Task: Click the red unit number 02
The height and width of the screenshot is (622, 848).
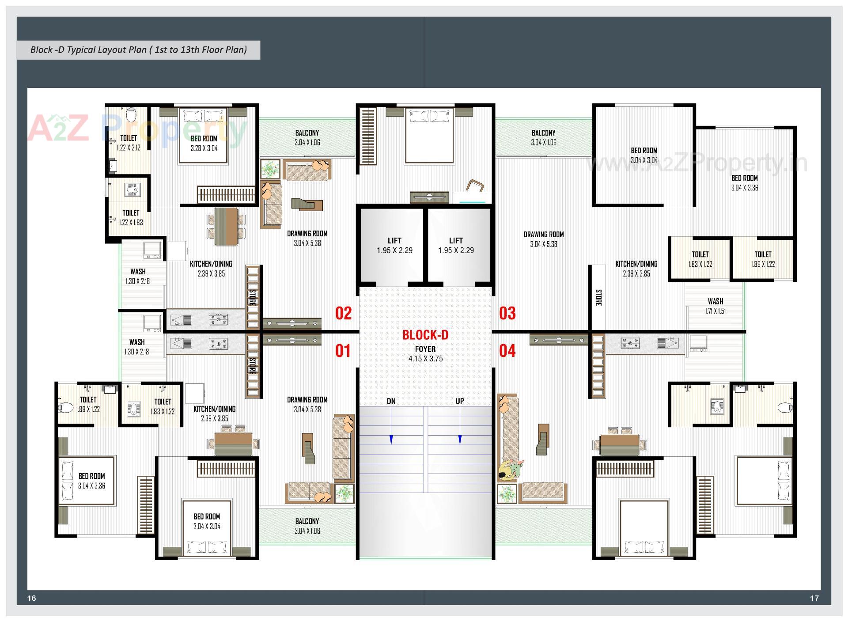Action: [x=343, y=313]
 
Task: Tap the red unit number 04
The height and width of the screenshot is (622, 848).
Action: [x=507, y=351]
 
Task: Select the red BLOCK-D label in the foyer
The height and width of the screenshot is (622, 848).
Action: [x=425, y=335]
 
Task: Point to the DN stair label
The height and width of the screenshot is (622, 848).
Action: [x=391, y=401]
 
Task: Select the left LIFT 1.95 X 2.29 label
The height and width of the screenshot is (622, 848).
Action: [x=394, y=246]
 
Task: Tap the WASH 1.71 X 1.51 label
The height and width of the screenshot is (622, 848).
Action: [x=715, y=306]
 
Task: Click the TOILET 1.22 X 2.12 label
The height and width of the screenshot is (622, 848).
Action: [x=129, y=143]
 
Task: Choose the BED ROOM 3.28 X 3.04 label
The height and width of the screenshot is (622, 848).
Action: [x=204, y=143]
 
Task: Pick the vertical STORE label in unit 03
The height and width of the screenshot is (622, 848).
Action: [x=598, y=297]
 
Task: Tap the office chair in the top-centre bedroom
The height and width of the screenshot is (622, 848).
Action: [x=475, y=186]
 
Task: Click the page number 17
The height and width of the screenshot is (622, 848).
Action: [x=814, y=598]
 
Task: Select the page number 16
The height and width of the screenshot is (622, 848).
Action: [x=31, y=598]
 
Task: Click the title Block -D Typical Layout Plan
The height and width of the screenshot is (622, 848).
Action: [x=138, y=49]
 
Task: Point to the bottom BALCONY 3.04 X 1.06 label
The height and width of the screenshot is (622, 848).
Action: [x=307, y=526]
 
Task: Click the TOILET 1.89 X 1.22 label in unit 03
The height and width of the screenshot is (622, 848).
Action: [x=763, y=259]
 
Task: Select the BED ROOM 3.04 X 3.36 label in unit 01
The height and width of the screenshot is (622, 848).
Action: [x=91, y=481]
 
